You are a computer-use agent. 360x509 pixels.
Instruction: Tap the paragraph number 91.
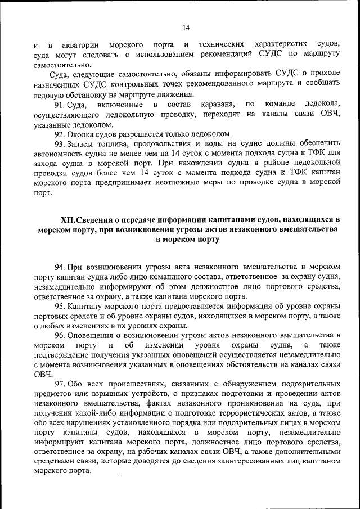(x=60, y=105)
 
